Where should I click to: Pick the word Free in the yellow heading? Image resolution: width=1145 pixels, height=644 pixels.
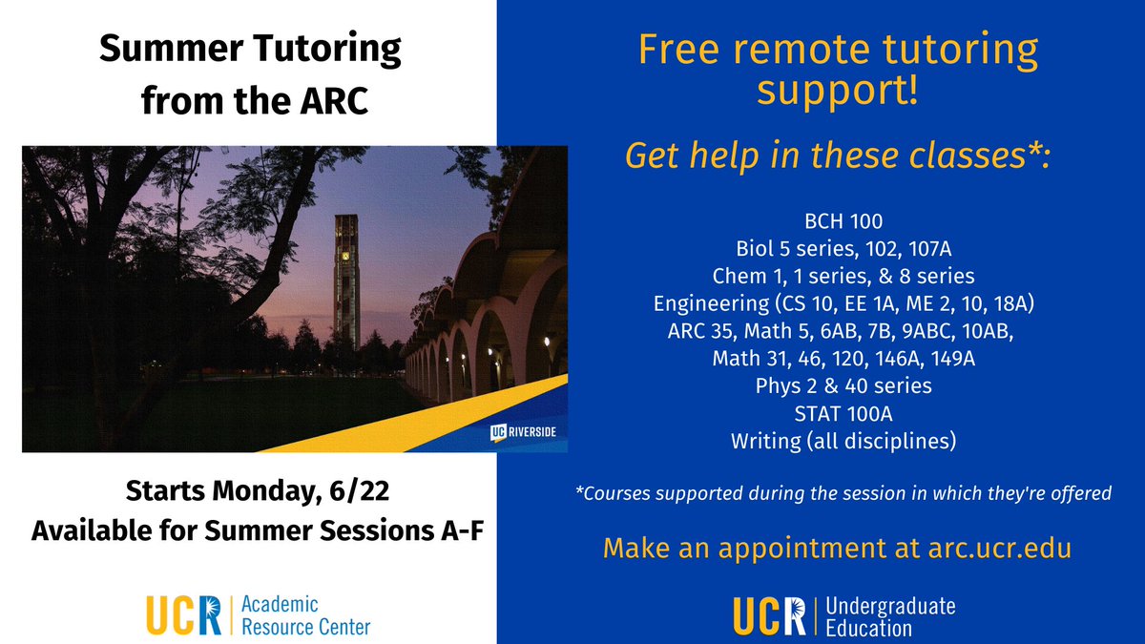tap(676, 50)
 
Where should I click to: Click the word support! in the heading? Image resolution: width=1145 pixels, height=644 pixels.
tap(838, 92)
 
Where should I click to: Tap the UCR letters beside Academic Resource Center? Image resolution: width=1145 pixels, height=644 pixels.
tap(183, 615)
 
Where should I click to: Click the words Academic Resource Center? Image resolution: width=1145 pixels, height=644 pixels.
tap(305, 615)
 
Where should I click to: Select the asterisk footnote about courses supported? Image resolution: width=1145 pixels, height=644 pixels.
tap(843, 493)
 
